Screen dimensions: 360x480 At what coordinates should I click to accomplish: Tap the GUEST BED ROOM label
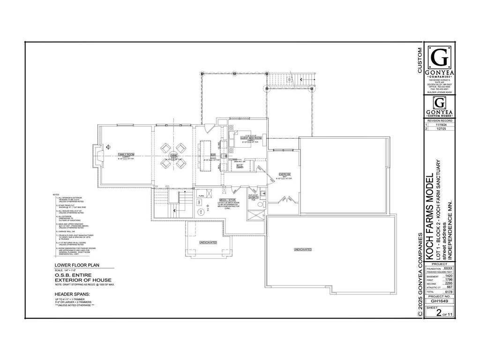click(251, 138)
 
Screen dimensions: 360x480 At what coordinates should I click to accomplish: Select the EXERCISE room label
click(285, 174)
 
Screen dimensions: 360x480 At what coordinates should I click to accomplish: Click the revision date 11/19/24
click(441, 125)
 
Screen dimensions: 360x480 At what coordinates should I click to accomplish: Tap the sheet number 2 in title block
click(438, 313)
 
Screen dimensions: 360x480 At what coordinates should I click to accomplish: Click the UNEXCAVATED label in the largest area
click(303, 249)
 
